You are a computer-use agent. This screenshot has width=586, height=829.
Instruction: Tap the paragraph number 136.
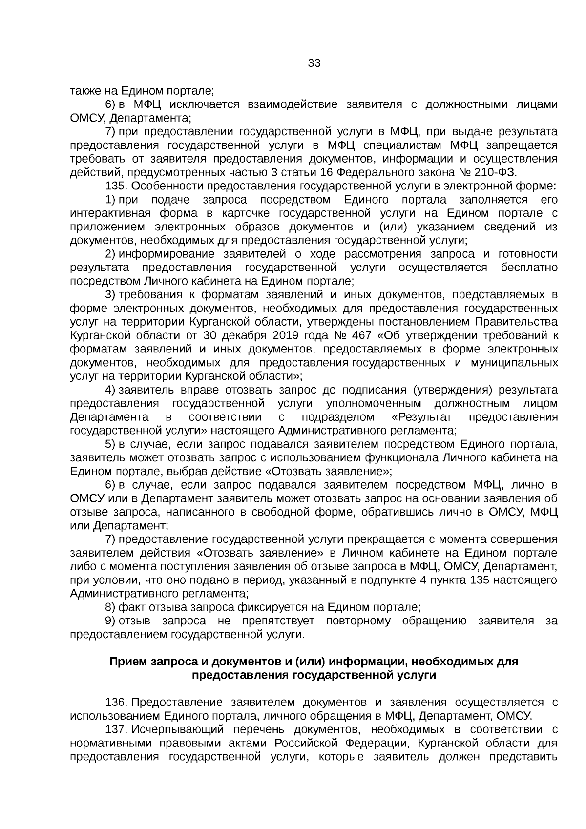116,703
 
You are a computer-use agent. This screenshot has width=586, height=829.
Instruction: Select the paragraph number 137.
116,730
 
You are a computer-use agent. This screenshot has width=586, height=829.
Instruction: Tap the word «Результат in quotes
421,417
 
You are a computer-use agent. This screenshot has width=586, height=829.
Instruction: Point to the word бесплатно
529,268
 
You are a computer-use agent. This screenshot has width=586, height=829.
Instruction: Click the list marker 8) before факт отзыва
110,607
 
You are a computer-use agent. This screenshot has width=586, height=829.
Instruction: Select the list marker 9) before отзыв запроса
110,621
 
